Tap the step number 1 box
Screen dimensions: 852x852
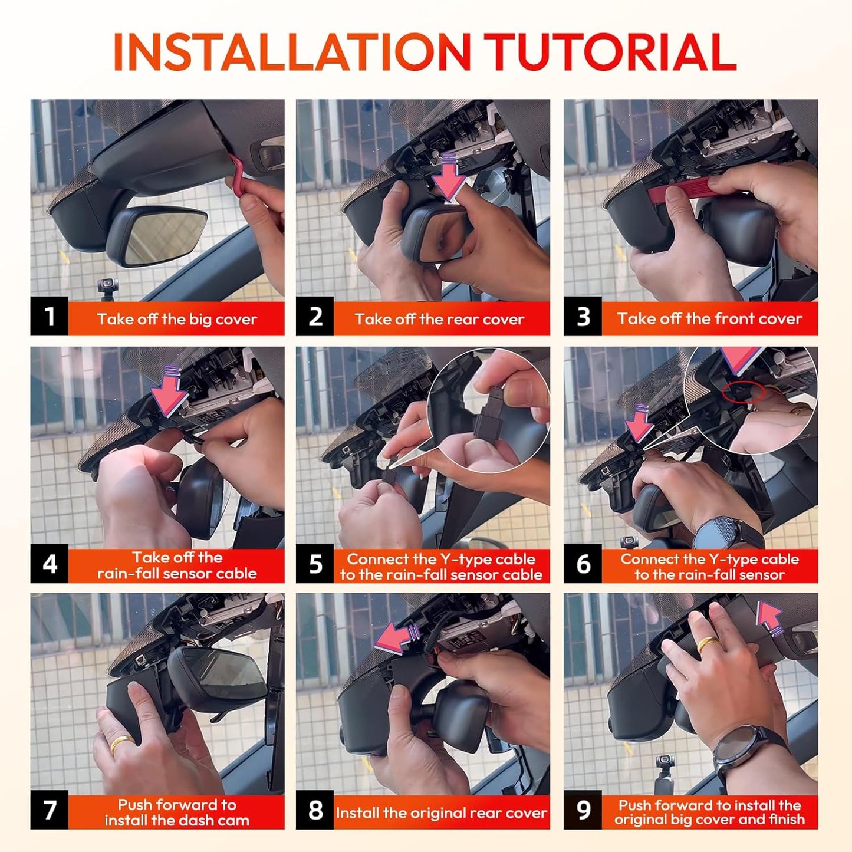49,317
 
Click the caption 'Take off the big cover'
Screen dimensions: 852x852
177,319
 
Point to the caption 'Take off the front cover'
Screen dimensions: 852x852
710,319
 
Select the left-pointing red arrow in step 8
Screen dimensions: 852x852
397,639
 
